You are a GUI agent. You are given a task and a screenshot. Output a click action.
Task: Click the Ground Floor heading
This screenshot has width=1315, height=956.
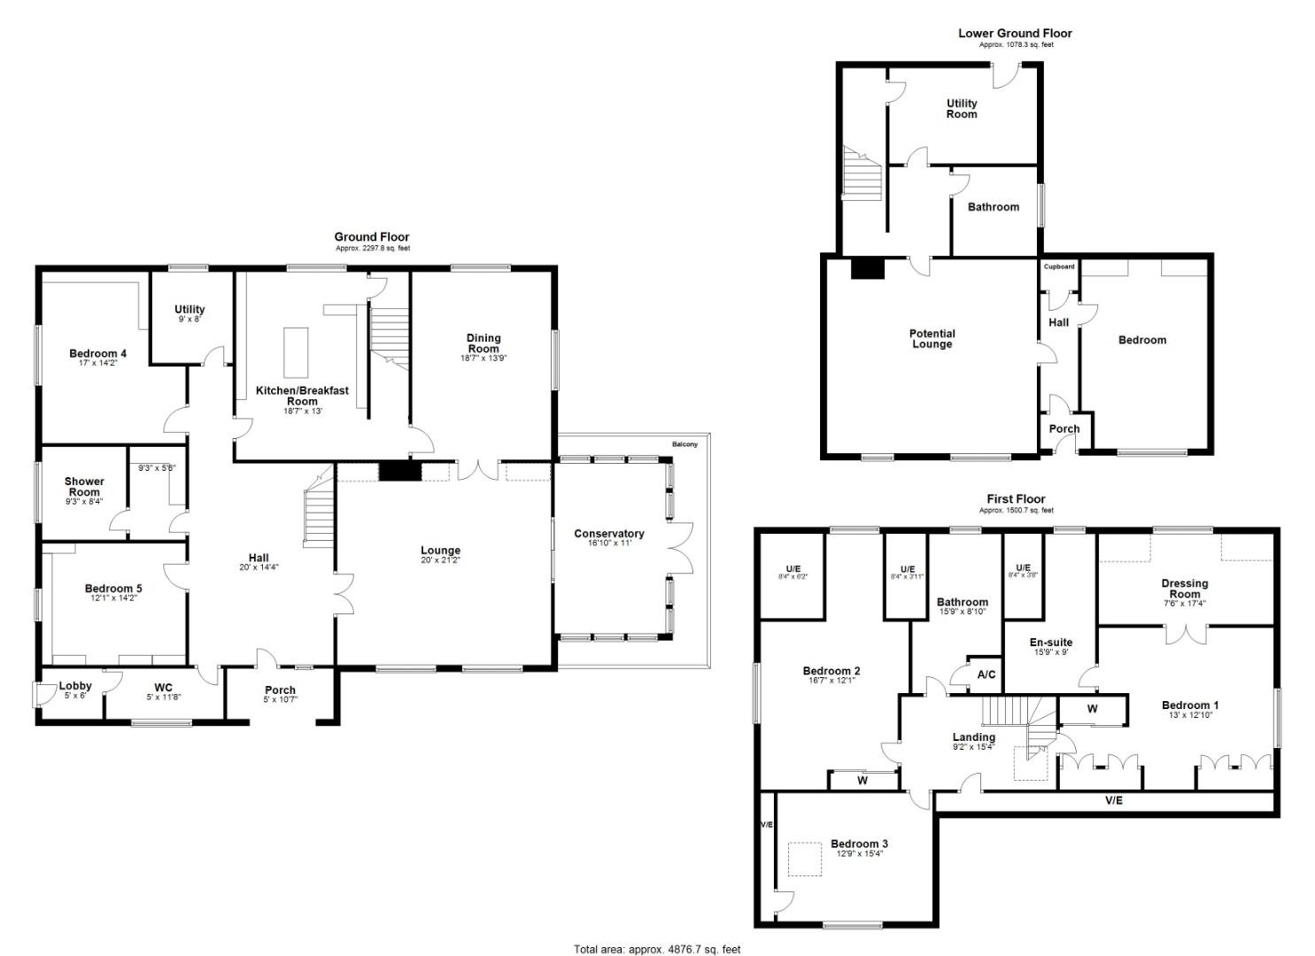(371, 237)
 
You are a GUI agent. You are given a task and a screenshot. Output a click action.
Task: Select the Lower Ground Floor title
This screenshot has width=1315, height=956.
(1015, 34)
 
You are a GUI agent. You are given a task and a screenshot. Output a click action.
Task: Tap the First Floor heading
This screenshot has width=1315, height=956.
(1016, 499)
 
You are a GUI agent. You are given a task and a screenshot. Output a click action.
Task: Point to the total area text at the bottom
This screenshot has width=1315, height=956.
(656, 949)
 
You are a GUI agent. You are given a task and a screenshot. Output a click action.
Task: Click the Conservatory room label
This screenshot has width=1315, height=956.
(608, 534)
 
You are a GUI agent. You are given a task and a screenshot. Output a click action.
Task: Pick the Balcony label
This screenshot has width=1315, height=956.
(685, 443)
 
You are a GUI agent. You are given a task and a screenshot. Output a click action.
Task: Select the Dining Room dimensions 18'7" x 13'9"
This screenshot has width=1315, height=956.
(483, 358)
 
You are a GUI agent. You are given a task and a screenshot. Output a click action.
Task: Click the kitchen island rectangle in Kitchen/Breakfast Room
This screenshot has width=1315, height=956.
(296, 342)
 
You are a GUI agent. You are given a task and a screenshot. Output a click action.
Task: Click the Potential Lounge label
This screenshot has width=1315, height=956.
(932, 339)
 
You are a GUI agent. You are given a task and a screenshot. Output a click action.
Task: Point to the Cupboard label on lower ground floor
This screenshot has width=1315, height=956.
(1059, 266)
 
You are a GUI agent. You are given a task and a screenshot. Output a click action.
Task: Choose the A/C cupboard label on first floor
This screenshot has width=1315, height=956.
(986, 675)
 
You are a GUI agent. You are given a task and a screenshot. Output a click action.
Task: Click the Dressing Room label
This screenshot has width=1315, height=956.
(1184, 589)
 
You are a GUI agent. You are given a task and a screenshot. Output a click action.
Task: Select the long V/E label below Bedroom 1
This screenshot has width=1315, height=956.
(1113, 801)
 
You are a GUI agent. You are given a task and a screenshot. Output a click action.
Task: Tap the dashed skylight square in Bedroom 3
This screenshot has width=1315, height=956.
(804, 860)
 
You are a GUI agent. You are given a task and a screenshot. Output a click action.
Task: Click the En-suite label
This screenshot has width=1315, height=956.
(1051, 643)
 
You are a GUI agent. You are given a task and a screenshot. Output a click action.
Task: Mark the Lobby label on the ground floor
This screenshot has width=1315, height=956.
(75, 686)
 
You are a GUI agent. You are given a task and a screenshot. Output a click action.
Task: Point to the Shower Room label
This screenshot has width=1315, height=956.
(84, 487)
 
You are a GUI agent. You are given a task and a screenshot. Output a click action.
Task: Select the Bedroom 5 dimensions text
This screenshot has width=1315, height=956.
(113, 598)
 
